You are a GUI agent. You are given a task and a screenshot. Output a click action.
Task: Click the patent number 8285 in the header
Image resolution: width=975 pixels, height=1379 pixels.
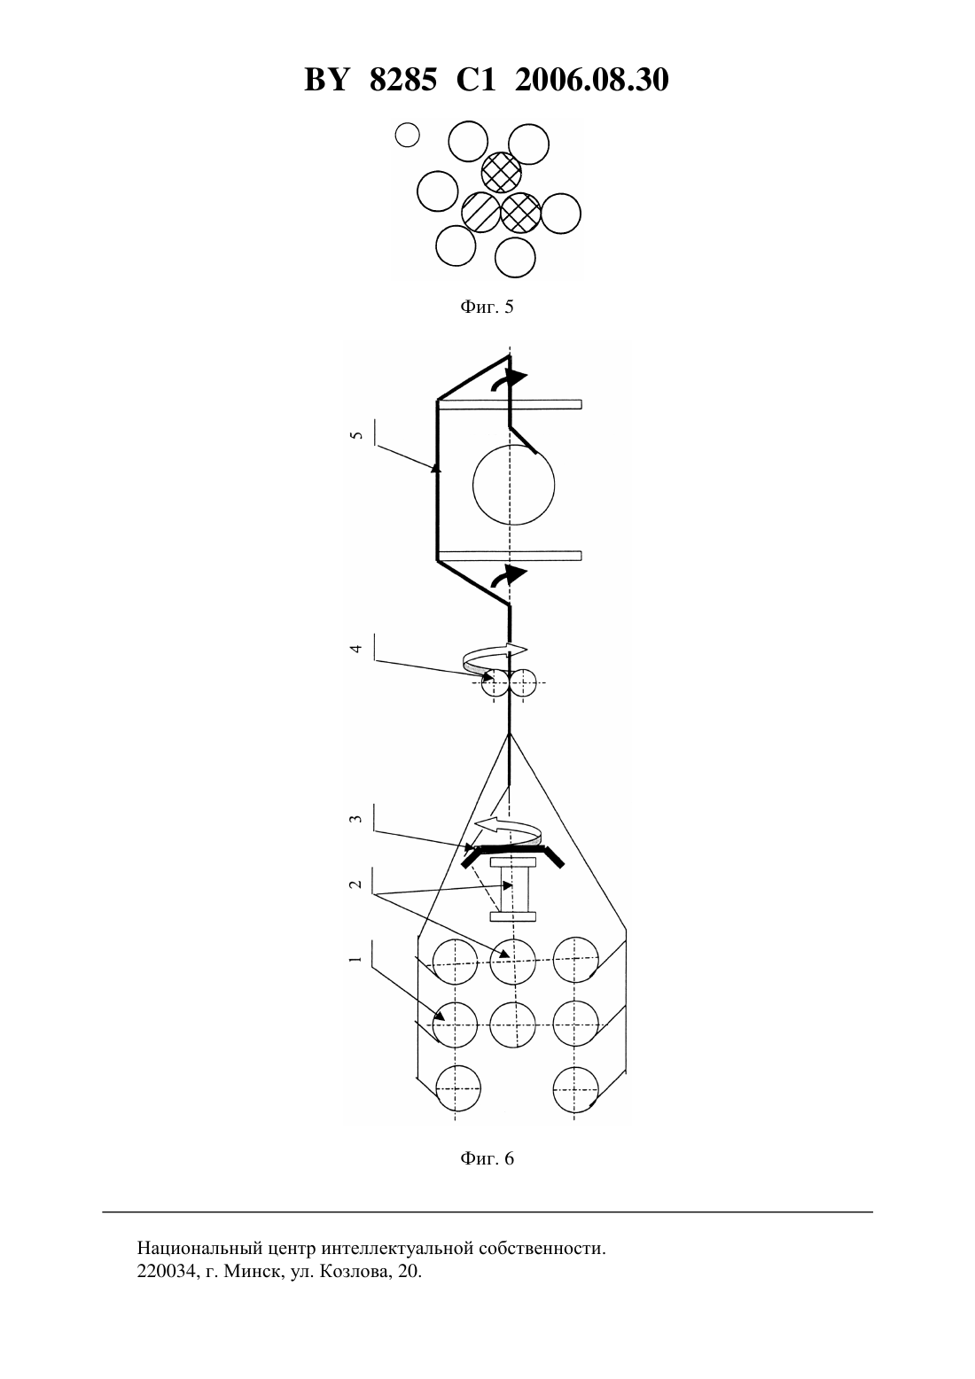(403, 80)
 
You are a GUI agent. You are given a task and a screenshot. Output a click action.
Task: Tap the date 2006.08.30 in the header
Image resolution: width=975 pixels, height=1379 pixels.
(591, 80)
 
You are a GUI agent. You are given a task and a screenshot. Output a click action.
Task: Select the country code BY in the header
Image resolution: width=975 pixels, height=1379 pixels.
(327, 80)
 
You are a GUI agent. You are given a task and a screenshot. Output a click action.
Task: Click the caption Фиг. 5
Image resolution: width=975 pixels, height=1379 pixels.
(487, 307)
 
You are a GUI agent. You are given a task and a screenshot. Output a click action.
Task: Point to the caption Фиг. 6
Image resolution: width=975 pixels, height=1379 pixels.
(487, 1158)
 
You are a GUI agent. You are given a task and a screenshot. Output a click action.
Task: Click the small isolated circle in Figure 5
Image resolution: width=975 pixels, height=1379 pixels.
(407, 135)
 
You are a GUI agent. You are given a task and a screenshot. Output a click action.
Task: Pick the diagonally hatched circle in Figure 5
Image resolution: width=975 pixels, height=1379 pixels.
(481, 213)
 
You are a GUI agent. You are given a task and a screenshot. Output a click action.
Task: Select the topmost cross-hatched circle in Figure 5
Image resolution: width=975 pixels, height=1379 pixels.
(501, 172)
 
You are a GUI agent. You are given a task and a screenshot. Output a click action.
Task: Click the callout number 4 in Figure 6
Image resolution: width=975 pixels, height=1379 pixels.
(356, 648)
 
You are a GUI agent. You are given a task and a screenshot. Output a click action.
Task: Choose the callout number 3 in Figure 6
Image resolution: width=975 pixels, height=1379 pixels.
(356, 820)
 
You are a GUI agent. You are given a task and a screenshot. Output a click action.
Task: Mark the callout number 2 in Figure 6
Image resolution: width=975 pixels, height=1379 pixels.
(355, 884)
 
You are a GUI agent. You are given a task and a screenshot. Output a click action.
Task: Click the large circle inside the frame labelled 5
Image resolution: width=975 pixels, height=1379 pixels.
(513, 445)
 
